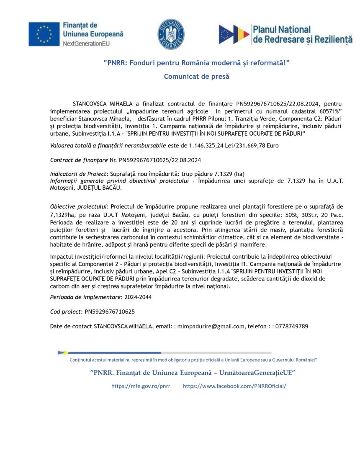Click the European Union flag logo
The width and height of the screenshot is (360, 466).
pos(44,34)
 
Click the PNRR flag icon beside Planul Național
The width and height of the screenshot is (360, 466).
pos(234,34)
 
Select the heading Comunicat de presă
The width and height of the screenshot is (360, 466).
pos(196,76)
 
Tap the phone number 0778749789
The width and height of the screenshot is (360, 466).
pos(292,326)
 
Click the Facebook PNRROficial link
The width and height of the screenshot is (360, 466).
pos(234,386)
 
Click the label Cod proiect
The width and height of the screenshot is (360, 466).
pos(66,312)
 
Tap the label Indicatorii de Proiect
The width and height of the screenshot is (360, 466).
pos(79,174)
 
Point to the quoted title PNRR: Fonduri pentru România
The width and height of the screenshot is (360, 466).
pos(196,63)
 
